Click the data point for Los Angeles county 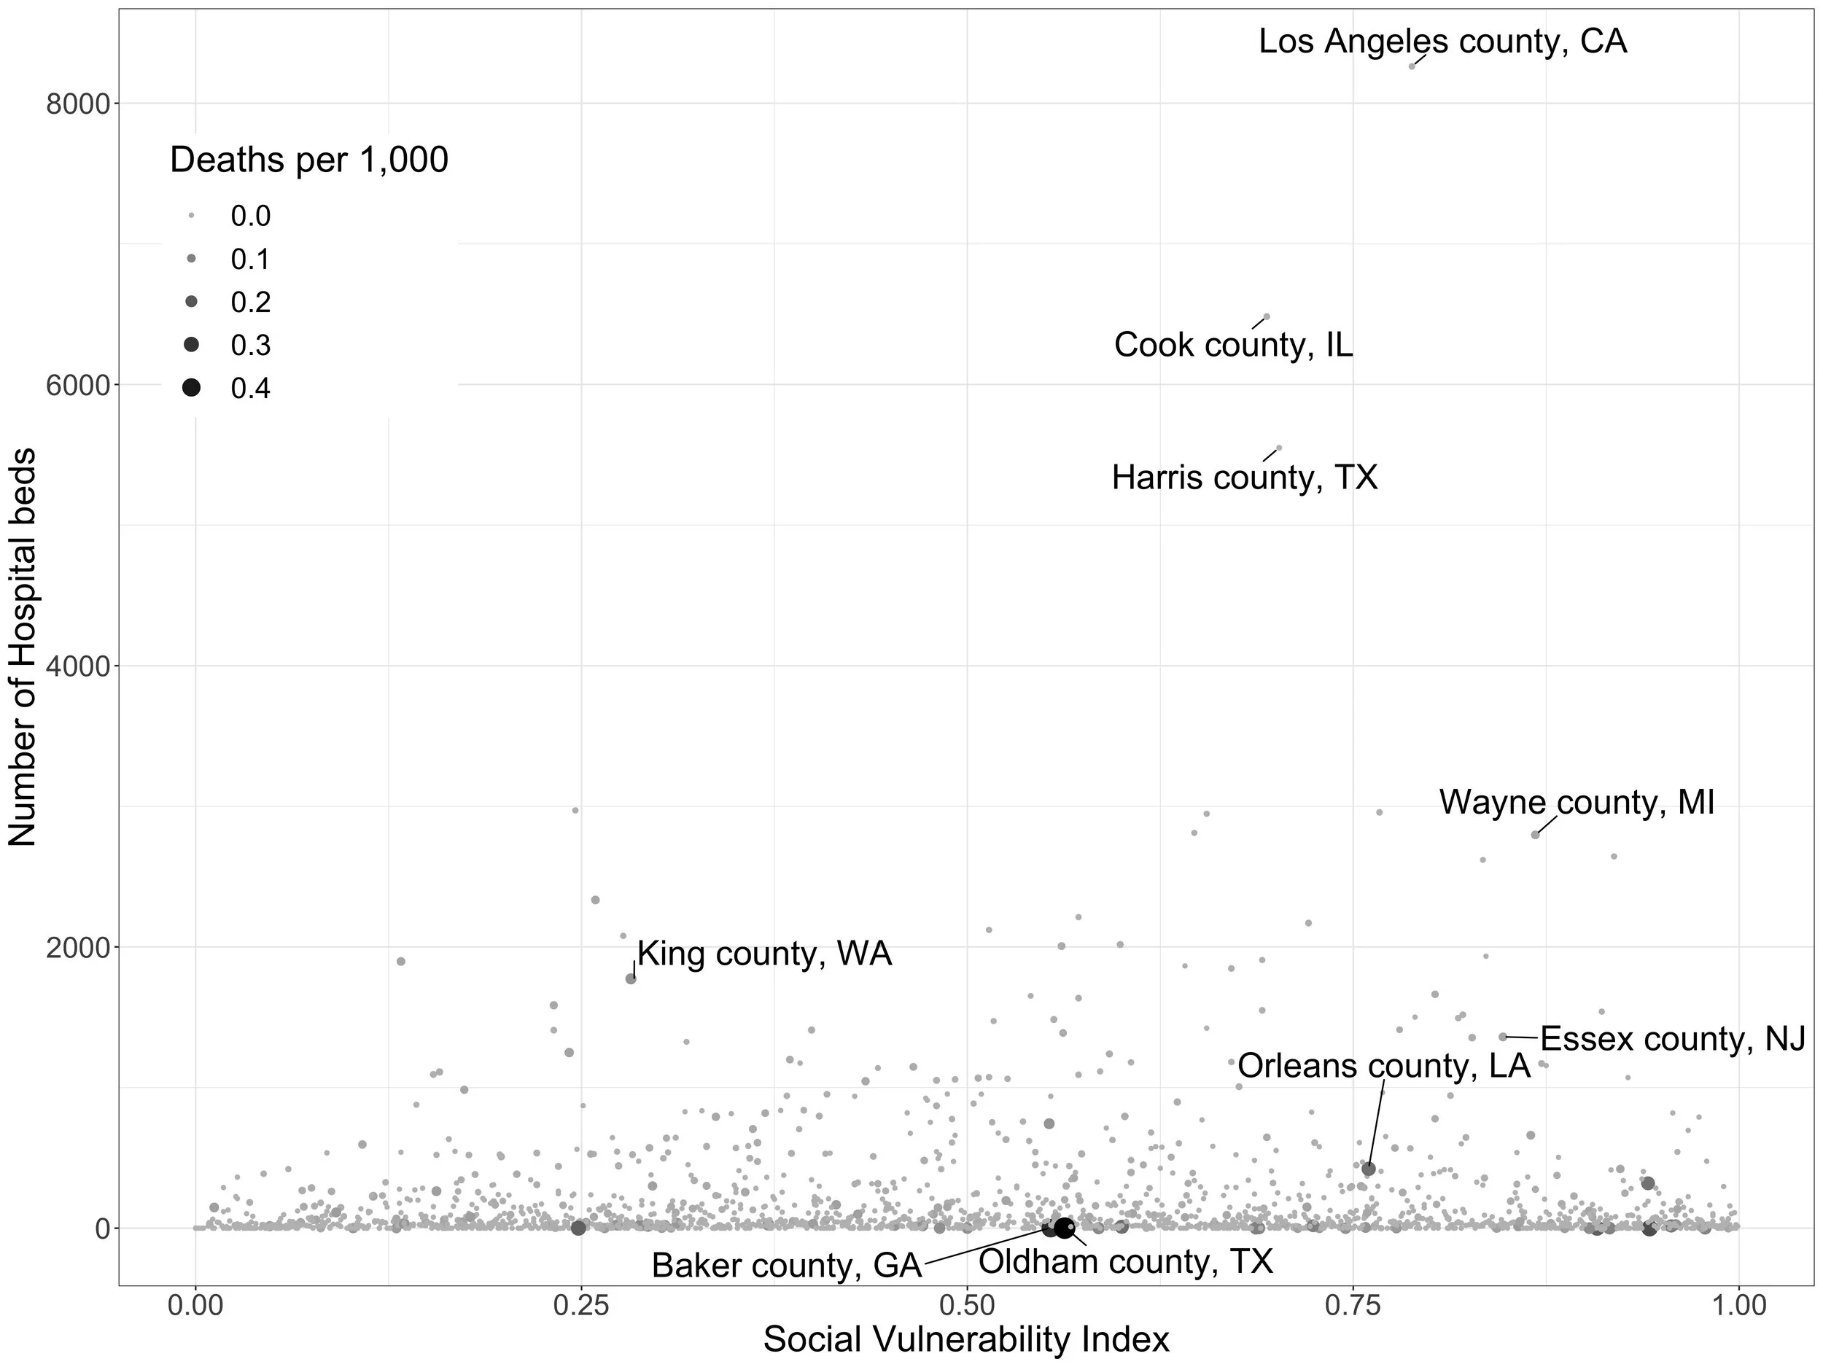[x=1412, y=66]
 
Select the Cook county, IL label [x=1233, y=344]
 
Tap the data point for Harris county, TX [x=1278, y=448]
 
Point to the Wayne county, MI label [x=1576, y=802]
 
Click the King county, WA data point [x=631, y=979]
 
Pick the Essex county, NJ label [x=1672, y=1038]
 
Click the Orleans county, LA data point [x=1368, y=1169]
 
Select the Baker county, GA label [x=786, y=1266]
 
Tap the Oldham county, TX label [x=1126, y=1261]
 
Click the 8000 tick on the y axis [x=77, y=104]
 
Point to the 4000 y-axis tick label [x=77, y=666]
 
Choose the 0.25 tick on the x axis [x=580, y=1306]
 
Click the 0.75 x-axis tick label [x=1353, y=1306]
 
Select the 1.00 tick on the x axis [x=1738, y=1306]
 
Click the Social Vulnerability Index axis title [x=966, y=1340]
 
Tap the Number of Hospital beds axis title [x=23, y=647]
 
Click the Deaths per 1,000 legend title [x=308, y=160]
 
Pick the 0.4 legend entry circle [x=191, y=387]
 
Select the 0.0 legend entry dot [x=191, y=216]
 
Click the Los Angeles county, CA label [x=1442, y=42]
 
